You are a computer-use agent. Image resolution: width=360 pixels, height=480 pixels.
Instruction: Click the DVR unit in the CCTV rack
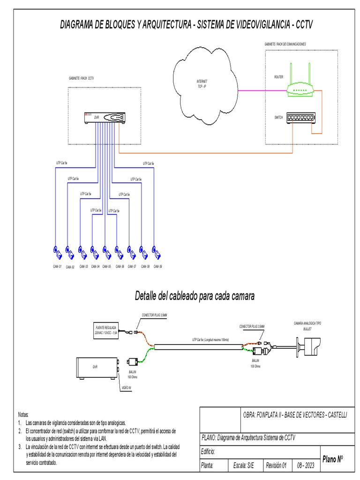pos(104,117)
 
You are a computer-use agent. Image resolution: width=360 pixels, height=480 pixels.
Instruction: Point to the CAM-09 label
pos(158,266)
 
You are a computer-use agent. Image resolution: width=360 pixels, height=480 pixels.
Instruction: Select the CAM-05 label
pos(106,266)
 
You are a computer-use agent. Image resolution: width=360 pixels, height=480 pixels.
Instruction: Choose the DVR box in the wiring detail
pos(97,369)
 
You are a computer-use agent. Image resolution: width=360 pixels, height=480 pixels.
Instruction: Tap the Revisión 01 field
pos(276,465)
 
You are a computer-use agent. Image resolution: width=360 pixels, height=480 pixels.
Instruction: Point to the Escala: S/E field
pos(244,465)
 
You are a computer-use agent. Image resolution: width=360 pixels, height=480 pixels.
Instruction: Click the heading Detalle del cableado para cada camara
pos(195,296)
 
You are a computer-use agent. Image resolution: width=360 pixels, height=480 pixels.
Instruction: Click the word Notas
pos(23,415)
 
